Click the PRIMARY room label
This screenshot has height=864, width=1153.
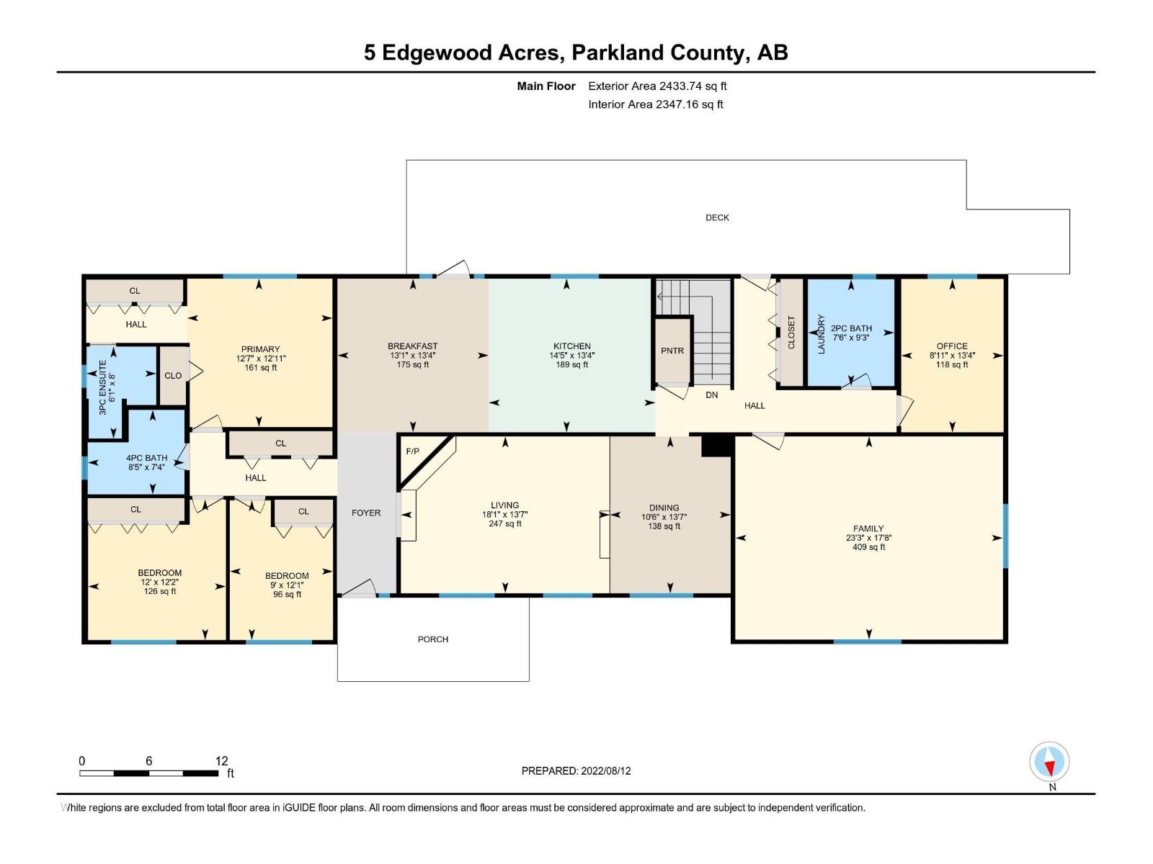point(260,349)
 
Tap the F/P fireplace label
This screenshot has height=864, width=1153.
point(412,451)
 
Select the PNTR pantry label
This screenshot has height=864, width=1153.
point(672,351)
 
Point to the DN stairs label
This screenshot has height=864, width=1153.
point(711,395)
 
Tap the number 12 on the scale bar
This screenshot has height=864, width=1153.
point(221,761)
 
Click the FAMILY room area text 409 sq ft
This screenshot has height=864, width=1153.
point(868,547)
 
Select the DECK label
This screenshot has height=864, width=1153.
point(717,217)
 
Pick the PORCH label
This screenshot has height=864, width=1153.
point(433,639)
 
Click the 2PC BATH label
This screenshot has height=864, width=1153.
point(851,328)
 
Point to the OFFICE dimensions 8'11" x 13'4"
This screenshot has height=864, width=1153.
point(952,356)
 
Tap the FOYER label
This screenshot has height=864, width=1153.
point(366,513)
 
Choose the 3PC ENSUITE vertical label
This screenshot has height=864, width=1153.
point(102,387)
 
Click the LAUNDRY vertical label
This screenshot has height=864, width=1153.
point(820,333)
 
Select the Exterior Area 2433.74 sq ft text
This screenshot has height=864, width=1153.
point(656,86)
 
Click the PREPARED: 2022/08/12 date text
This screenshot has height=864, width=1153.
point(576,770)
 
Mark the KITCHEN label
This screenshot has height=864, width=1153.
point(571,346)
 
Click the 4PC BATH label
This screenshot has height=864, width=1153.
point(146,458)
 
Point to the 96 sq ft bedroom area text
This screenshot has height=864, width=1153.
point(287,595)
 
